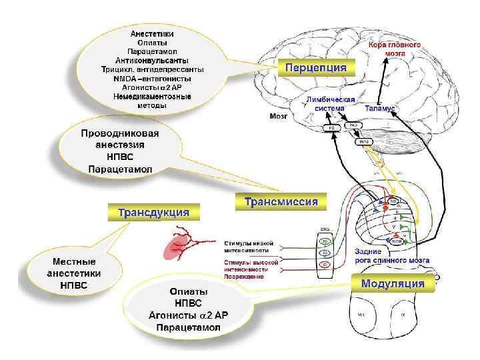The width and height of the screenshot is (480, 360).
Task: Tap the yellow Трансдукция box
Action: pos(154,213)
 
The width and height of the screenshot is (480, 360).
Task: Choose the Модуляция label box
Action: pos(393,283)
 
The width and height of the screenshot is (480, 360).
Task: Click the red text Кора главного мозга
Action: pos(395,48)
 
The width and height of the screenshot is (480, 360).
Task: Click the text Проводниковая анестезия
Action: pos(121,139)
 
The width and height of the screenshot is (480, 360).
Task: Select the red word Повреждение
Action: pos(244,276)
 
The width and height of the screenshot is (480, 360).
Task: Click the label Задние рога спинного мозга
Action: pos(391,256)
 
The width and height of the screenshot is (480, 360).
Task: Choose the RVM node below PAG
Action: pos(364,141)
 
